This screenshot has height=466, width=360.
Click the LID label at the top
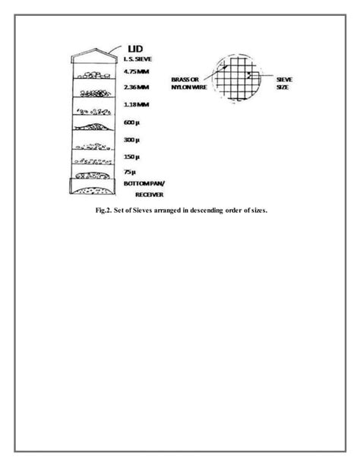[x=134, y=49]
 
